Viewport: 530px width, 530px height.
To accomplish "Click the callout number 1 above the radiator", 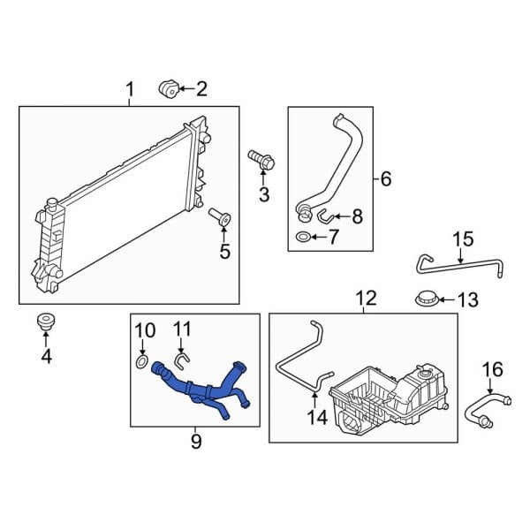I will coord(130,90).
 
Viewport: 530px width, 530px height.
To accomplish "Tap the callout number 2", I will coord(201,88).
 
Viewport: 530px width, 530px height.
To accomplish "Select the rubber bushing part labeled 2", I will coord(167,87).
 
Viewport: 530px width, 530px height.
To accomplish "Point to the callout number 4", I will coord(47,356).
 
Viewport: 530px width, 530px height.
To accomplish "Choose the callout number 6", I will coord(385,179).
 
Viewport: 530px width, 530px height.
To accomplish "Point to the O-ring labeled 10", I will coord(142,362).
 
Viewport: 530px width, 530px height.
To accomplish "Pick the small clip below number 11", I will coord(180,360).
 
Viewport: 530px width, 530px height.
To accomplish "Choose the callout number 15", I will coord(463,239).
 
